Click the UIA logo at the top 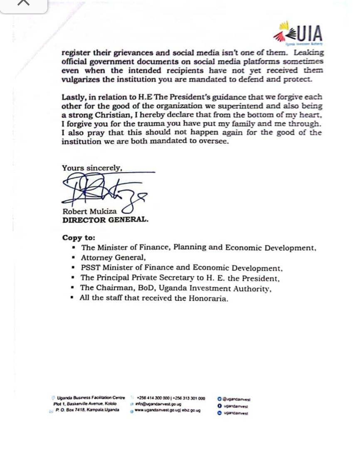[x=298, y=33]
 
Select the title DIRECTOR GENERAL [x=105, y=220]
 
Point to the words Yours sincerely [x=92, y=168]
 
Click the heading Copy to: [x=79, y=238]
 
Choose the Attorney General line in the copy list [x=113, y=258]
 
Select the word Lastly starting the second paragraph [x=74, y=97]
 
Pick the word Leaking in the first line [x=309, y=53]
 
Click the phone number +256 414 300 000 [x=153, y=398]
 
